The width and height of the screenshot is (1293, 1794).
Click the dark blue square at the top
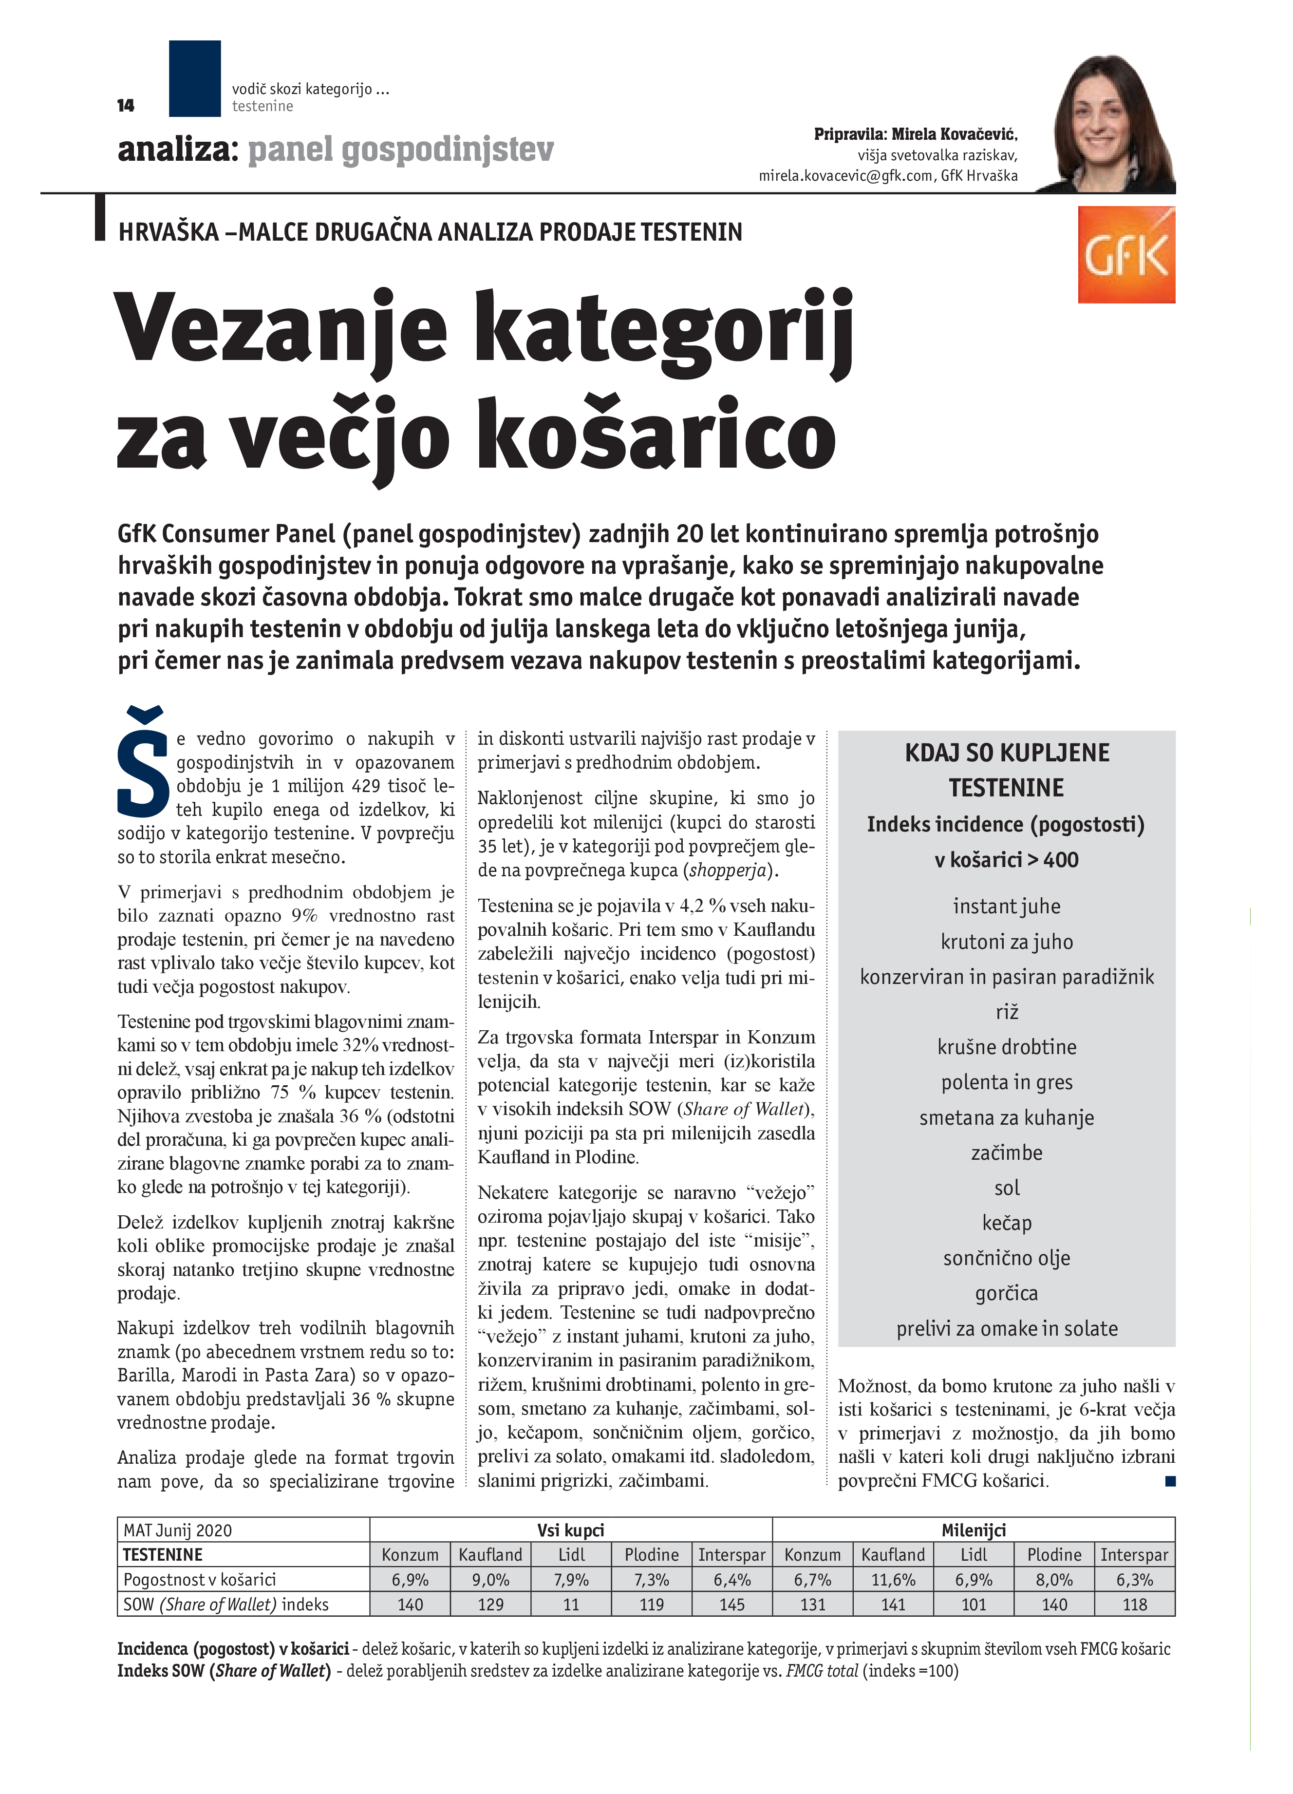pos(194,78)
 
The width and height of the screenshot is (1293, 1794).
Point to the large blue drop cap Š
pos(143,761)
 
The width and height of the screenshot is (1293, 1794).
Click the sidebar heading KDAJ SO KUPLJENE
pos(1006,752)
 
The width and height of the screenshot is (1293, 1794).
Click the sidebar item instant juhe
pos(1006,906)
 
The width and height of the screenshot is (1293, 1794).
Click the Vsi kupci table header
pos(570,1530)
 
